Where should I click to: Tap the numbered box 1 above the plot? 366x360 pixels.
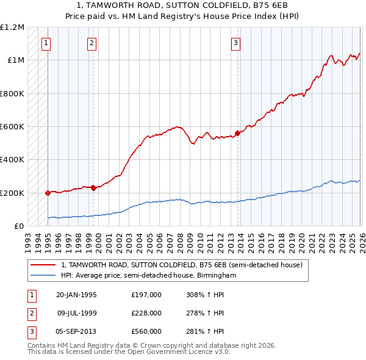47,43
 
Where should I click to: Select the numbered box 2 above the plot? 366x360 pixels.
91,43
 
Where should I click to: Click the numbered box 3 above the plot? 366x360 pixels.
235,43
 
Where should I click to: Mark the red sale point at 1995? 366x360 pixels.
48,193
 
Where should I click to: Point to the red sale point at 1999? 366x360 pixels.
93,188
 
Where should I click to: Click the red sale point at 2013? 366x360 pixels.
237,133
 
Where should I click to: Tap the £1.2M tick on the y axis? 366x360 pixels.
12,27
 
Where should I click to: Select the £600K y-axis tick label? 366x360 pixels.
12,127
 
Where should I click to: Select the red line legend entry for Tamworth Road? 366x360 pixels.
181,265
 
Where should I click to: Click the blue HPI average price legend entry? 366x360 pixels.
148,276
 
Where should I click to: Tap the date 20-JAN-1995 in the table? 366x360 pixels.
76,295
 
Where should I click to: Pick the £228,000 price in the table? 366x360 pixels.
146,313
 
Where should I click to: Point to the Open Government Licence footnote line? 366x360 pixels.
129,352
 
